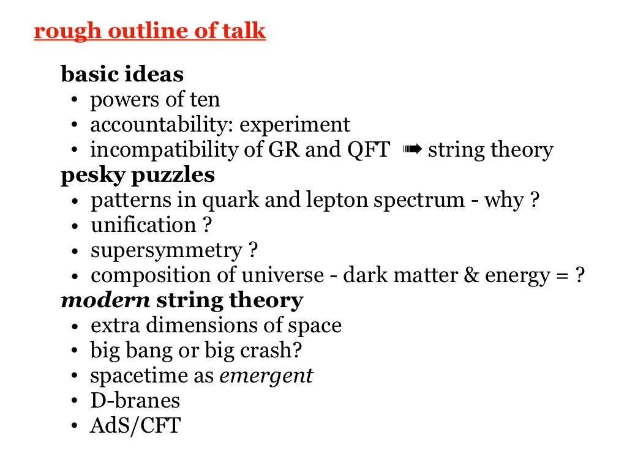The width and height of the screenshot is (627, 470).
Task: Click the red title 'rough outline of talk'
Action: tap(150, 31)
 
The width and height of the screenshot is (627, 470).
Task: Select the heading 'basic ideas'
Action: tap(122, 74)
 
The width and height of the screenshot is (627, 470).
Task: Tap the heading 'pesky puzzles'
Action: tap(138, 176)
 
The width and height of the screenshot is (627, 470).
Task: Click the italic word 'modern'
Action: tap(105, 300)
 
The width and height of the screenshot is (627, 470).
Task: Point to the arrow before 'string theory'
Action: tap(412, 149)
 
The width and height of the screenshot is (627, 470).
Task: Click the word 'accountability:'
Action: tap(162, 125)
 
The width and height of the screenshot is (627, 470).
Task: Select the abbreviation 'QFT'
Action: tap(368, 150)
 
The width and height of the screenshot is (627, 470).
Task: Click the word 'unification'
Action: tap(143, 225)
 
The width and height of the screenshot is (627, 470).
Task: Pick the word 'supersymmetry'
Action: tap(167, 251)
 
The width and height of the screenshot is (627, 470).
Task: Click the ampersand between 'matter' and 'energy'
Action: tap(471, 275)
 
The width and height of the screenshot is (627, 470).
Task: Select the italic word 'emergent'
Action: tap(266, 376)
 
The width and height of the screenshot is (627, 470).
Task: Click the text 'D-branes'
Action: tap(135, 400)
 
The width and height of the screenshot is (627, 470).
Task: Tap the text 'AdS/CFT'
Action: tap(135, 426)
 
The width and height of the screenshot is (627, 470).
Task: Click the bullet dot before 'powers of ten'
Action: tap(74, 100)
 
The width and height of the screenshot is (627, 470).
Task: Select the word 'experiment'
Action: tap(295, 125)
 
